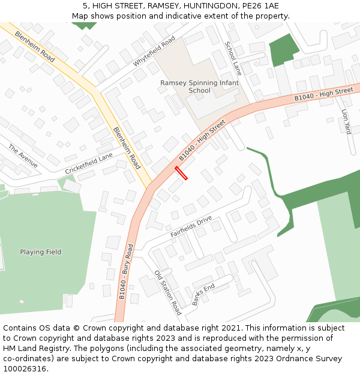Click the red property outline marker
point(181,173)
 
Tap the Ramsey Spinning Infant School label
point(199,87)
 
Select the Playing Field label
point(40,252)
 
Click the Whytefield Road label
point(154,51)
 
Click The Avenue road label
point(23,156)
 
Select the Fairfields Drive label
point(191,226)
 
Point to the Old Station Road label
point(167,293)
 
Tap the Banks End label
point(203,295)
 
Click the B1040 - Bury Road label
point(126,272)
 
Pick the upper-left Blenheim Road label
point(35,47)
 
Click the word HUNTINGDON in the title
point(196,6)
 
